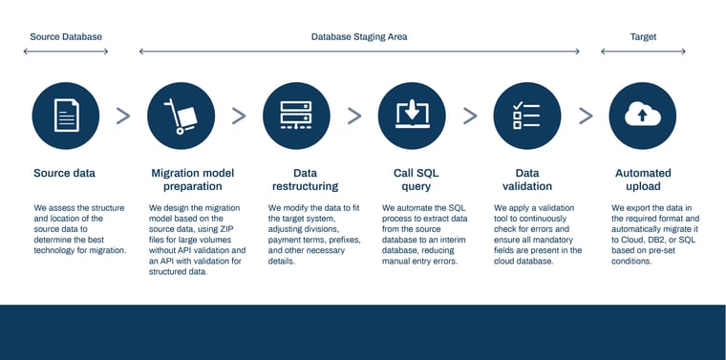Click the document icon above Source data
pos(66,116)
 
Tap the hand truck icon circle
pos(181,116)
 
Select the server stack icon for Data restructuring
pos(296,116)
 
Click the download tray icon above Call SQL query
pos(412,116)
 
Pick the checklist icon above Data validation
pos(526,116)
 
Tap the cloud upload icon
pos(642,116)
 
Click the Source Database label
pos(66,36)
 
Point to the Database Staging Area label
pos(359,36)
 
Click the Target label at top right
pos(643,36)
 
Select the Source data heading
pos(64,173)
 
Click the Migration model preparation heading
pos(192,180)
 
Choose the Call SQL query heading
pos(416,180)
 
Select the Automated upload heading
pos(642,180)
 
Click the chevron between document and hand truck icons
pos(123,116)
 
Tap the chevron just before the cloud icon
pos(585,116)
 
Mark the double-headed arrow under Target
pos(642,51)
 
